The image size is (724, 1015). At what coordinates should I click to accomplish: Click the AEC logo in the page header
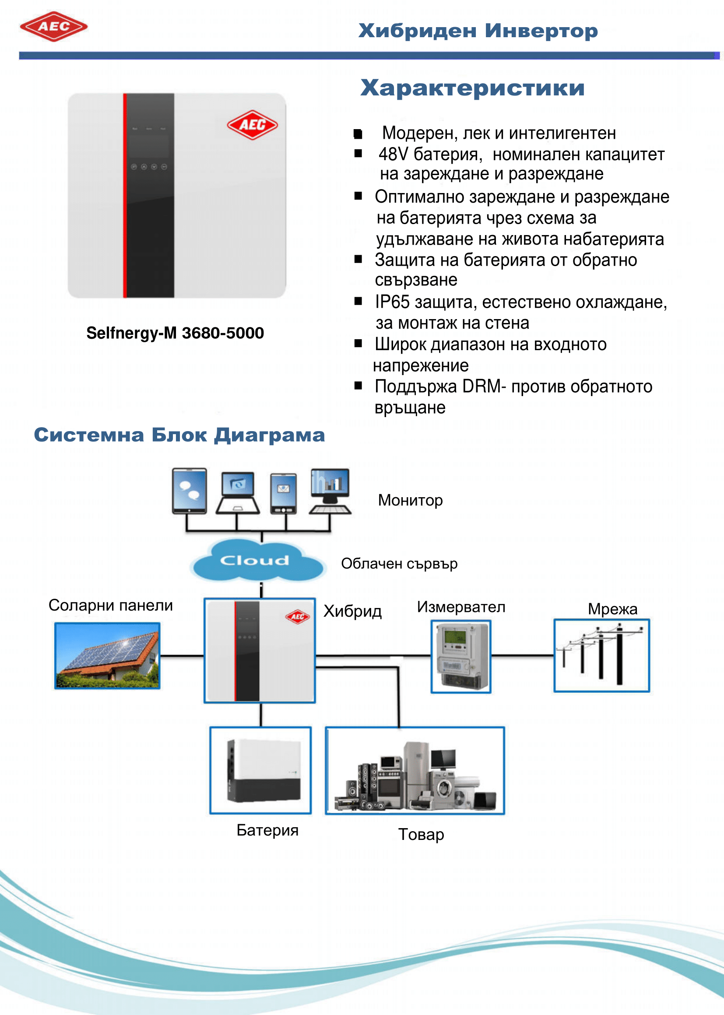tap(53, 27)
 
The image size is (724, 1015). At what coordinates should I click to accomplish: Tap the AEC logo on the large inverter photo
tap(252, 125)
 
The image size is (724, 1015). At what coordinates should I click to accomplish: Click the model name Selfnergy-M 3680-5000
tap(175, 333)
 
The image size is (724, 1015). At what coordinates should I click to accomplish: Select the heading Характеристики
tap(472, 88)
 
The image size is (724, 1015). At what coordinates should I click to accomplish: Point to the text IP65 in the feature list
tap(392, 302)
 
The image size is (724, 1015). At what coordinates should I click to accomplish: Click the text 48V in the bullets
tap(393, 154)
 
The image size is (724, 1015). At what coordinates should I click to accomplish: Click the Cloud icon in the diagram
tap(256, 561)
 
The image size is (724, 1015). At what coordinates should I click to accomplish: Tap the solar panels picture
tap(107, 656)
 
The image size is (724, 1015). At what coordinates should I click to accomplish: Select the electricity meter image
tap(461, 656)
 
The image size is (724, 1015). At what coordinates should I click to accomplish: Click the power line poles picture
tap(601, 656)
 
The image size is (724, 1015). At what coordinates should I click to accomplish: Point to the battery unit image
tap(261, 770)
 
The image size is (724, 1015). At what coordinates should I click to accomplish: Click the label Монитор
tap(410, 501)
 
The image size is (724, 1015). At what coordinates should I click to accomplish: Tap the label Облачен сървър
tap(399, 564)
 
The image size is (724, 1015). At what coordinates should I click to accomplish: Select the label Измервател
tap(461, 607)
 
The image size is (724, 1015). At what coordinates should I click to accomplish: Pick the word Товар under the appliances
tap(421, 835)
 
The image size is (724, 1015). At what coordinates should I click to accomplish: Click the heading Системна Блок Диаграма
tap(179, 435)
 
